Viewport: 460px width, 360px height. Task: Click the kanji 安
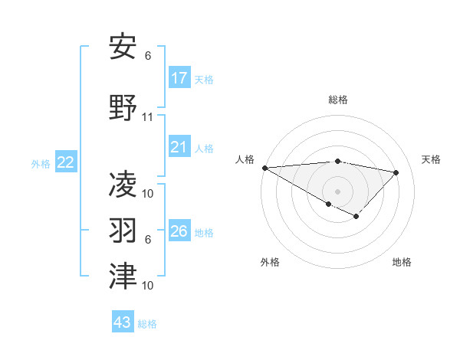tap(123, 48)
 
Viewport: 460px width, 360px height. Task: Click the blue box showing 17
tap(179, 77)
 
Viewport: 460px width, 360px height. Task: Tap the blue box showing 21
tap(179, 147)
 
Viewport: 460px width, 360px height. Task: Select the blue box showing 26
tap(179, 231)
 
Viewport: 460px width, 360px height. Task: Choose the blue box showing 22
tap(66, 162)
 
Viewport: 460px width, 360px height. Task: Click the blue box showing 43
tap(123, 322)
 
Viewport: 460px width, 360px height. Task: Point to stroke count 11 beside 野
tap(148, 117)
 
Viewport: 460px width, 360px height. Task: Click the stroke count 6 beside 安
tap(148, 56)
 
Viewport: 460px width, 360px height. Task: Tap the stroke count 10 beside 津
tap(148, 285)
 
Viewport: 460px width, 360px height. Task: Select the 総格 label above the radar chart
tap(337, 100)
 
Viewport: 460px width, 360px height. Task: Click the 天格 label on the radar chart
tap(431, 159)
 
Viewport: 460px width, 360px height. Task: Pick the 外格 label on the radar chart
tap(270, 262)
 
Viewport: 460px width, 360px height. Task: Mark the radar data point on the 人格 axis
tap(264, 168)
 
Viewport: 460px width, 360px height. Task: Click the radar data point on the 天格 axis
tap(396, 172)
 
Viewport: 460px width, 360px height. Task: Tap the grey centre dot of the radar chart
tap(337, 191)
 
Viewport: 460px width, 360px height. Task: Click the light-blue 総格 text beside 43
tap(147, 324)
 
